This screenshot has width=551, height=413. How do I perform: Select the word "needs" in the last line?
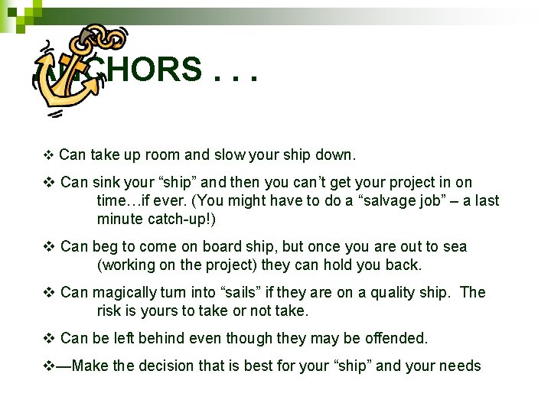pos(459,366)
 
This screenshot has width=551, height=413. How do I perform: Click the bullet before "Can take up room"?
pos(48,156)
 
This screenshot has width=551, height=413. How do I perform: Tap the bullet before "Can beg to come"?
pos(49,247)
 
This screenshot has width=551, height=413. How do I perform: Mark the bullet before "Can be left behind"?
pos(49,339)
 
